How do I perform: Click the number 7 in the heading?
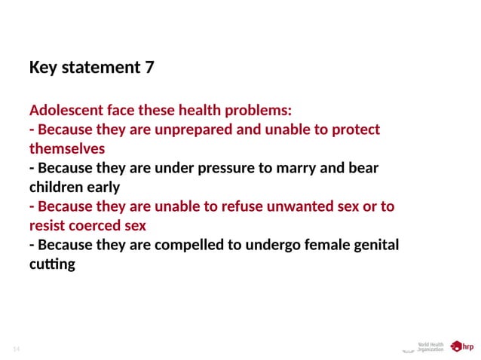point(149,68)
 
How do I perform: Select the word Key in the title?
point(44,68)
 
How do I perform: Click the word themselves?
point(66,148)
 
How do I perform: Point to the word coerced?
point(95,226)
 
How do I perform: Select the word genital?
point(374,245)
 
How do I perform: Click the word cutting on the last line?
point(52,264)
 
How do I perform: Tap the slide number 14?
point(16,349)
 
